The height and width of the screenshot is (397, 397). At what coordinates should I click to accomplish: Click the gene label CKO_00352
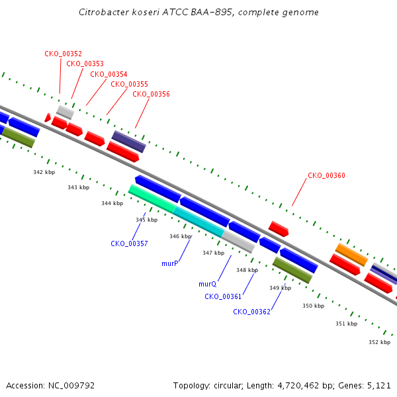tap(64, 54)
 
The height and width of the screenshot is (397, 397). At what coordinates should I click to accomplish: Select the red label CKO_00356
tap(151, 94)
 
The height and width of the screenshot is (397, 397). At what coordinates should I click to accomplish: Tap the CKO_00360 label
tap(326, 175)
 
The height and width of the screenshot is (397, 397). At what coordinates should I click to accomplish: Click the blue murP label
tap(170, 263)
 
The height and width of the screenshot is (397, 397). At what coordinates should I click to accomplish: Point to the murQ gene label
tap(208, 284)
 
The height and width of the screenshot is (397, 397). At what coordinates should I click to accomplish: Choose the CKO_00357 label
tap(129, 243)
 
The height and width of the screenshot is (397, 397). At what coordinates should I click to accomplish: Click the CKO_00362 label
tap(251, 312)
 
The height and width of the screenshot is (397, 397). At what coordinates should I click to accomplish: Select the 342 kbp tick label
tap(44, 172)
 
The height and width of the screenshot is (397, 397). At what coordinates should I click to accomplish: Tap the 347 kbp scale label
tap(214, 253)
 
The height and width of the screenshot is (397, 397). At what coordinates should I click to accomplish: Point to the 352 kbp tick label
tap(380, 342)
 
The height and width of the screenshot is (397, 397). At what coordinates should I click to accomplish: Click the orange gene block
tap(351, 255)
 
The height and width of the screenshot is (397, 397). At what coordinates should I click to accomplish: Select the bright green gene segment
tap(152, 198)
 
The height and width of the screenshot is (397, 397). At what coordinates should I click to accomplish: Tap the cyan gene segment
tap(198, 222)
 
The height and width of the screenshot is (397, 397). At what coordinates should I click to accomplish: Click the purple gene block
tap(129, 142)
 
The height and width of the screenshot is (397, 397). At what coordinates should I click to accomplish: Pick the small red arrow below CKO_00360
tap(279, 229)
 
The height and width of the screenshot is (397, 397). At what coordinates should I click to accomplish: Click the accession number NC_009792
tap(71, 386)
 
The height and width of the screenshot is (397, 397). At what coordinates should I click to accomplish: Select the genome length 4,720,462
tap(298, 386)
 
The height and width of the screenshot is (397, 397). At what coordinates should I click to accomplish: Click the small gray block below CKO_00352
tap(65, 112)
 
